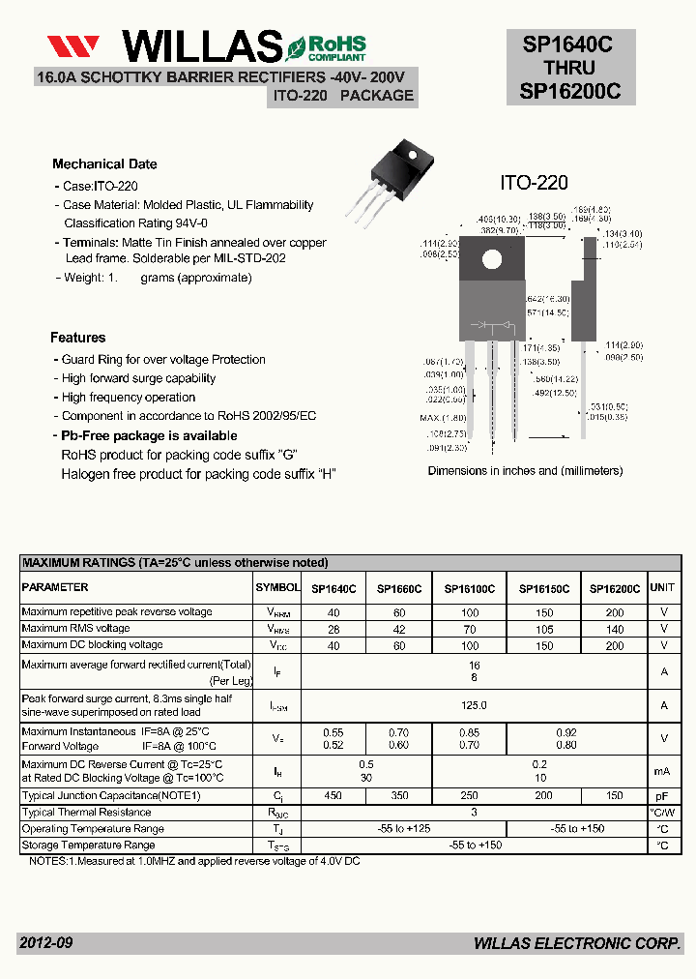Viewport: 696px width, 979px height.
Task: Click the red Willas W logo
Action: point(74,46)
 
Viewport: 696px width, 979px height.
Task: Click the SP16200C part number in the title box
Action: point(570,91)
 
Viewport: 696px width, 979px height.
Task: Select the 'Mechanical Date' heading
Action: point(104,164)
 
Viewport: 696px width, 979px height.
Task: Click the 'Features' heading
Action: point(78,338)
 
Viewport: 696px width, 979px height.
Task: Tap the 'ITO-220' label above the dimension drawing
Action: point(534,183)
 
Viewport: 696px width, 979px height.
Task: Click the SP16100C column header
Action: point(469,588)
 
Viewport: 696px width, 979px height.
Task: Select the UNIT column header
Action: point(663,587)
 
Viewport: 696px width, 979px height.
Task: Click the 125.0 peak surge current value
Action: point(474,705)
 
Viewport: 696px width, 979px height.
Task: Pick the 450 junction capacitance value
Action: point(333,795)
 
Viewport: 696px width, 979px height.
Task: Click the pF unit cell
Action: point(663,795)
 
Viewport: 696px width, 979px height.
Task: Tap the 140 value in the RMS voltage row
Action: point(615,629)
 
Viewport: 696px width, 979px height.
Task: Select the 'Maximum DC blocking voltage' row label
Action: point(92,645)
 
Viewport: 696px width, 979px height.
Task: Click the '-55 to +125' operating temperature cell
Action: point(404,829)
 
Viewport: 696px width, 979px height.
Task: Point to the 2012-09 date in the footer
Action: point(45,943)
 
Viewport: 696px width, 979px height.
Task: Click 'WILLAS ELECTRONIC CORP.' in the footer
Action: point(577,943)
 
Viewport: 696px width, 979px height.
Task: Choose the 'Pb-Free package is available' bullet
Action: point(149,435)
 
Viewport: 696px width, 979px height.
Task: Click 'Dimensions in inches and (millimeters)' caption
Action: point(525,471)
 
